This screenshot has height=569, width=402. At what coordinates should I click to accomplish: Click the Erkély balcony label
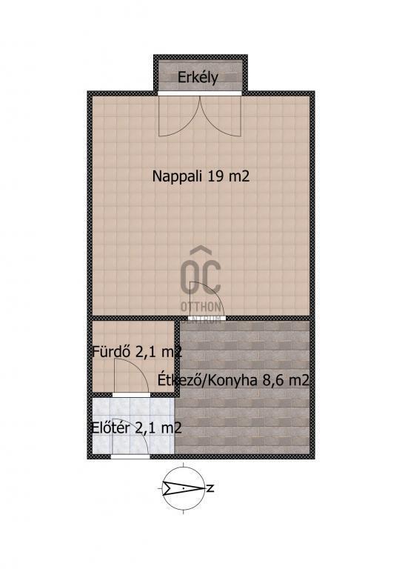(x=198, y=78)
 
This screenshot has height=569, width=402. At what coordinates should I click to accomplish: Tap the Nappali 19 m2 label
(x=201, y=176)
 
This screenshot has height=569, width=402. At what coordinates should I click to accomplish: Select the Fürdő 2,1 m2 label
(x=137, y=352)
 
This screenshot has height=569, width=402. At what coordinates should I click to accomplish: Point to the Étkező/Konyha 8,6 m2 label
(x=233, y=380)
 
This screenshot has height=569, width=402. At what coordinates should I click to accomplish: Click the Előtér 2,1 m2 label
(x=137, y=427)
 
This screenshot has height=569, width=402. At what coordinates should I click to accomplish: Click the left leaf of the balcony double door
(x=179, y=116)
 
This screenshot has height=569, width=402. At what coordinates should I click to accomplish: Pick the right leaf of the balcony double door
(x=221, y=116)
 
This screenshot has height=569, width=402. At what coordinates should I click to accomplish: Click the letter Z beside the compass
(x=210, y=488)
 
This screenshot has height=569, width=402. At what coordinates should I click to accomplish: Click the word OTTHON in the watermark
(x=201, y=307)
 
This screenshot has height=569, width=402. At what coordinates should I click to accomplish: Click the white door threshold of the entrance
(x=130, y=456)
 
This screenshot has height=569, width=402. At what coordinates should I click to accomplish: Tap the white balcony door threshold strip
(x=200, y=93)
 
